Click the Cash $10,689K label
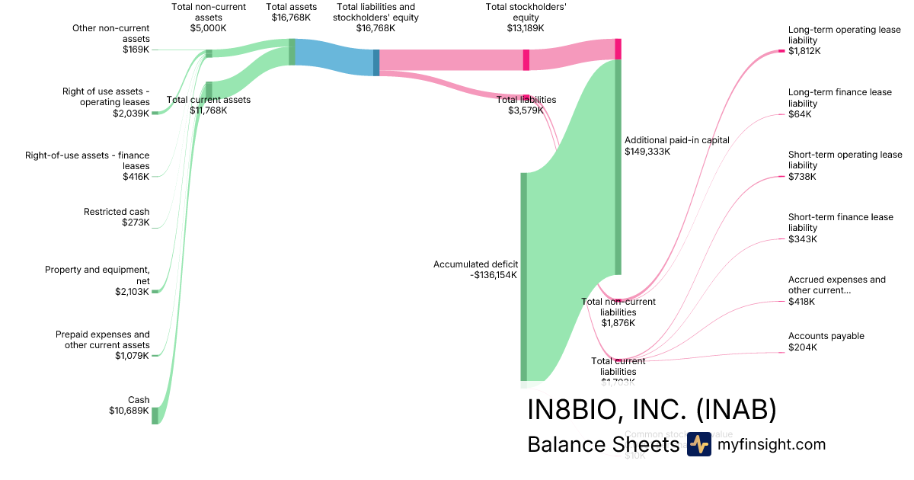coord(129,405)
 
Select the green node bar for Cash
coord(155,415)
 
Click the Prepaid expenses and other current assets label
coord(103,344)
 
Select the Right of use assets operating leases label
coord(106,102)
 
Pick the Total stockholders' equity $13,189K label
coord(526,18)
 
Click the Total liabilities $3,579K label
coord(526,105)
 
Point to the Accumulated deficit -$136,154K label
coord(476,270)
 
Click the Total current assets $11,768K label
coord(208,105)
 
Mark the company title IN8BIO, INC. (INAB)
coord(652,410)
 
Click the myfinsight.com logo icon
coord(698,444)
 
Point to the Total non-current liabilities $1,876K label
coord(618,312)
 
